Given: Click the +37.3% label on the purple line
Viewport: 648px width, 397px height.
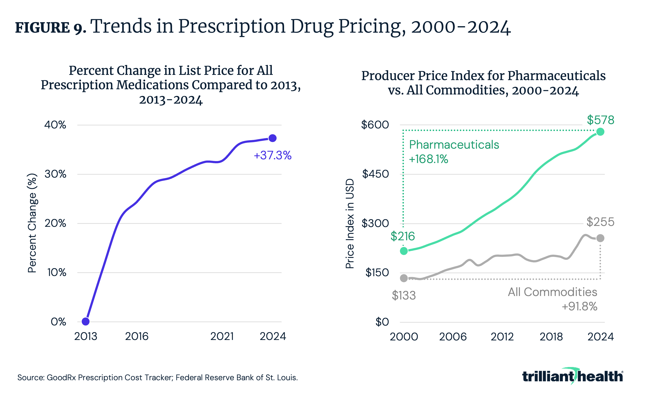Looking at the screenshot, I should (273, 155).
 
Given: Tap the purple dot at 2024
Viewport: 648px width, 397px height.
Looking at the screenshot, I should (273, 138).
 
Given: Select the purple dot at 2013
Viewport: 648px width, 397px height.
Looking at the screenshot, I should (86, 321).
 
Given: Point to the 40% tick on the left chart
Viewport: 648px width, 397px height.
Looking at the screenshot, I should (55, 125).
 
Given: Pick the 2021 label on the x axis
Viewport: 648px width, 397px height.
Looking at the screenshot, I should (222, 336).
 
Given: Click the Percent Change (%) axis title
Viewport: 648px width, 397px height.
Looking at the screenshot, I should (32, 223).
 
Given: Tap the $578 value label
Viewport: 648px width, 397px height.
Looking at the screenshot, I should (600, 120).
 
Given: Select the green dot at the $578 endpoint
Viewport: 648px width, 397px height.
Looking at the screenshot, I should (600, 132).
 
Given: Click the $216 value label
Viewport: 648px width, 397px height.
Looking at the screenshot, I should (402, 236).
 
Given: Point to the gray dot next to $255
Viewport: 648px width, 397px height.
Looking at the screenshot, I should (600, 238).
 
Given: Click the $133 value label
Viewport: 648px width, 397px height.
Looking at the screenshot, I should (404, 295).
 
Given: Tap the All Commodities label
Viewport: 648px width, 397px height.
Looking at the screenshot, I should (552, 292).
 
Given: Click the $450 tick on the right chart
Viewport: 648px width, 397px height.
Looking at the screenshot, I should (375, 174).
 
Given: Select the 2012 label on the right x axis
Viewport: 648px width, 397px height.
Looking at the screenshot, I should (502, 336).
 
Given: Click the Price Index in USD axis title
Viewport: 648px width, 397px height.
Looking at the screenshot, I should (350, 224).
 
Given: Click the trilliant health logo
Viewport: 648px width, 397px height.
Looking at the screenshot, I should (572, 376).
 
